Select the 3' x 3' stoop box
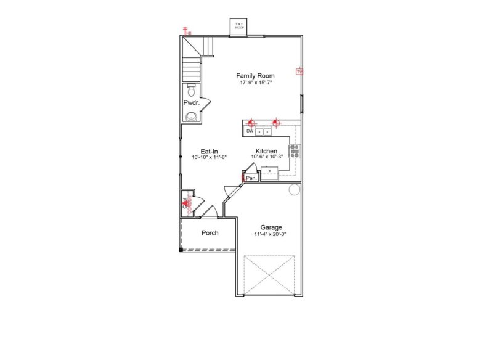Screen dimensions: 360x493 click(238, 27)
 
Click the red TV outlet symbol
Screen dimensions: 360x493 click(299, 72)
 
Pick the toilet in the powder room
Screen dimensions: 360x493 click(191, 90)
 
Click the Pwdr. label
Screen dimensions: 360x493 click(191, 102)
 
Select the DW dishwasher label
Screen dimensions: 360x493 click(250, 131)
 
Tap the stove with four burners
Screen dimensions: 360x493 click(295, 151)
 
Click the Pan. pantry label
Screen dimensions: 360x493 click(251, 178)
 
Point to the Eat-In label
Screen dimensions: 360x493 click(210, 152)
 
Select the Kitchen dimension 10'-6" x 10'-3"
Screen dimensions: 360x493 click(266, 157)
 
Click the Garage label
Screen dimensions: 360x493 click(271, 227)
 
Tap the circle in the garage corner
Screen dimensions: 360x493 click(294, 189)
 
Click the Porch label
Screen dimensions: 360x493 click(210, 233)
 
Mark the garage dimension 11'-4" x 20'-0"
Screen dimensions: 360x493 click(271, 234)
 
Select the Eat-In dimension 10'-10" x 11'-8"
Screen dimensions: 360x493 click(210, 158)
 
